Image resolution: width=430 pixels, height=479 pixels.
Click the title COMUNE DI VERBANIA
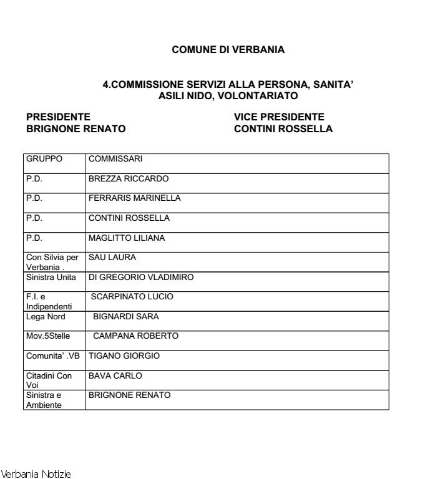(x=228, y=50)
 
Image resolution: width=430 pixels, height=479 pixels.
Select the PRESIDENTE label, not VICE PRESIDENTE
(x=58, y=117)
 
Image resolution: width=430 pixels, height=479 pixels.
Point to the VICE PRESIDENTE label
(x=279, y=117)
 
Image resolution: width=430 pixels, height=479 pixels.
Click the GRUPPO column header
(x=44, y=159)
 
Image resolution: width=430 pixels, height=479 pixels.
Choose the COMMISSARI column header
(x=115, y=159)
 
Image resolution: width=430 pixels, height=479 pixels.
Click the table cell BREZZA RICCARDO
(x=129, y=179)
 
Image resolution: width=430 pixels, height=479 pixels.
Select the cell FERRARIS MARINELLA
(x=135, y=198)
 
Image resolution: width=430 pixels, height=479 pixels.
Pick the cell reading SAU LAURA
(x=112, y=257)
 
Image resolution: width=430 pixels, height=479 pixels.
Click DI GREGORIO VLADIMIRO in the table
(x=141, y=277)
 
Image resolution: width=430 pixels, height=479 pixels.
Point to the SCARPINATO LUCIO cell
(x=132, y=297)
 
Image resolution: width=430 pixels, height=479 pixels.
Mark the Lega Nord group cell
(x=46, y=317)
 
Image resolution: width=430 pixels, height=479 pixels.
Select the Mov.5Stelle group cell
(x=48, y=336)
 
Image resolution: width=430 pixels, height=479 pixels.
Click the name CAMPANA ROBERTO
(x=135, y=336)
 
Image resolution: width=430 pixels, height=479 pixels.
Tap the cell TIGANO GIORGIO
(x=124, y=356)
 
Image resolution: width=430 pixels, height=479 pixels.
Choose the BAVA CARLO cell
(x=115, y=376)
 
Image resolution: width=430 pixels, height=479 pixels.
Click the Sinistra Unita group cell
(x=51, y=277)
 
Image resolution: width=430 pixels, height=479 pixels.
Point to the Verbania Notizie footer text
(x=36, y=474)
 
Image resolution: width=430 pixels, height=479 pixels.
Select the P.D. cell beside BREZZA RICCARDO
(x=34, y=179)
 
